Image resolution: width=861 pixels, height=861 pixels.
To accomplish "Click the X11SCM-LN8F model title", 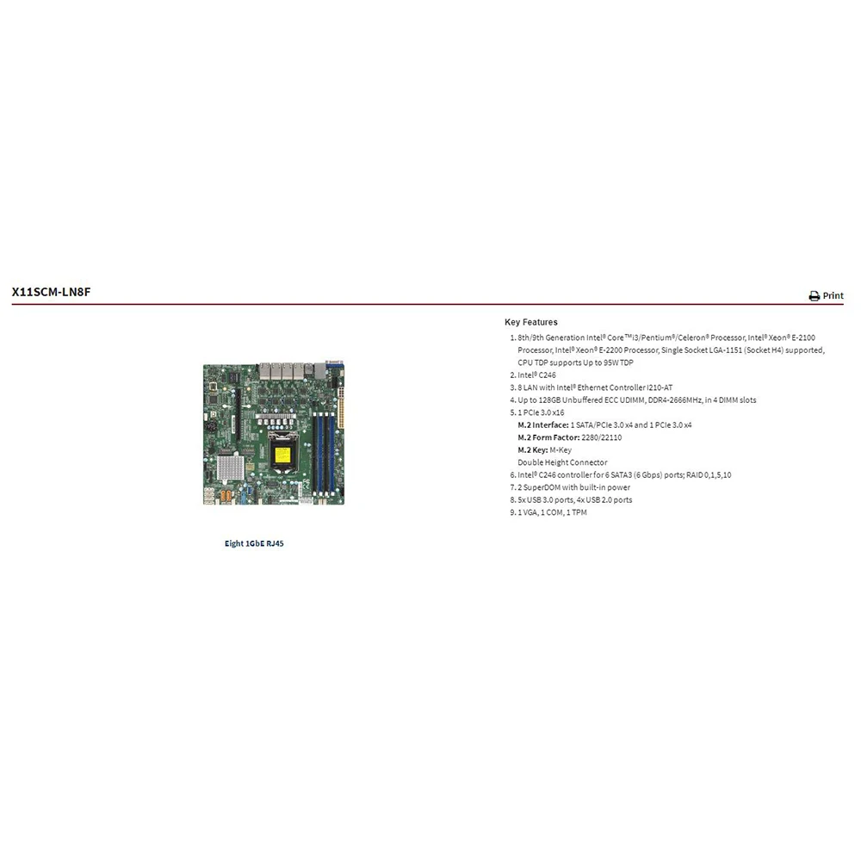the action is (x=51, y=292).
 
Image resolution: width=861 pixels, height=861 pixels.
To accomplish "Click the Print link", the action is (x=833, y=295).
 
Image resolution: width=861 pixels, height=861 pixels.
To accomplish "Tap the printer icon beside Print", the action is (x=814, y=296).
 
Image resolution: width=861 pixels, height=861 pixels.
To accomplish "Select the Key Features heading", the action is (x=530, y=322).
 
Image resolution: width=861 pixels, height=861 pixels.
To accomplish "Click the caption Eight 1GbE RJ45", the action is (x=253, y=543).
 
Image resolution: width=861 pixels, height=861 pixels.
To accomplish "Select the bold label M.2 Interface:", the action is (x=542, y=425).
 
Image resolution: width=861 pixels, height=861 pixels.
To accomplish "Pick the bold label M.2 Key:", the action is (x=532, y=450).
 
